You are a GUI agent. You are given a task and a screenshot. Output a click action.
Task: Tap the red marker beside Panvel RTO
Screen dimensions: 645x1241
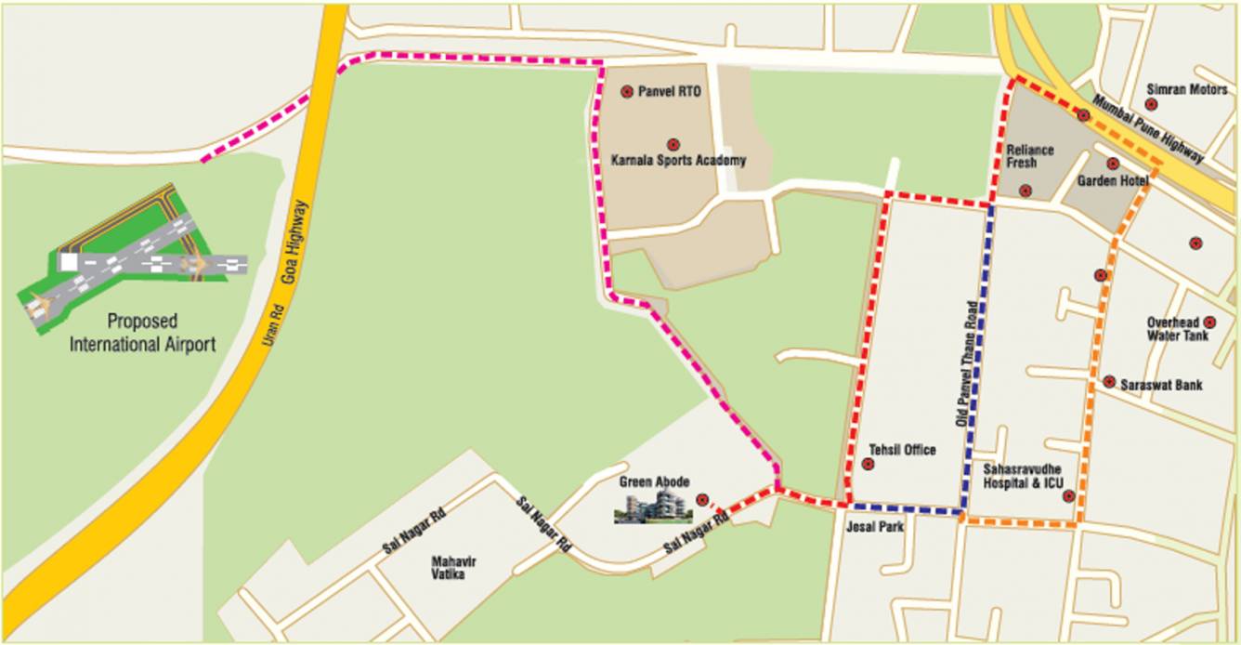tap(627, 91)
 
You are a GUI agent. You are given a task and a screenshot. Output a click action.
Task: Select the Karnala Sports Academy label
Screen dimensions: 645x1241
tap(678, 161)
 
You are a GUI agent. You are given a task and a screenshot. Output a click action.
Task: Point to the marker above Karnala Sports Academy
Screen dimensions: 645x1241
tap(673, 144)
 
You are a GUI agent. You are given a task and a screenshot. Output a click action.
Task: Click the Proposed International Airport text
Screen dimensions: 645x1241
tap(143, 333)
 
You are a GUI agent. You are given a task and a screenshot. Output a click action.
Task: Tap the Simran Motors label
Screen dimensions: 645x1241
tap(1187, 89)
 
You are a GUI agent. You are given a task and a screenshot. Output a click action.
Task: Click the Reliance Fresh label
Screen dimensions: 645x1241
tap(1030, 156)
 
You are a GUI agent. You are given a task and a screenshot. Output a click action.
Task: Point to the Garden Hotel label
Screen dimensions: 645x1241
tap(1113, 181)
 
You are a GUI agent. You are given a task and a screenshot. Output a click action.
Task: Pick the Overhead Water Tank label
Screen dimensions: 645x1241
tap(1178, 329)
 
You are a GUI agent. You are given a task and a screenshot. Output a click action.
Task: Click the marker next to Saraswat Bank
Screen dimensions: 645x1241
tap(1109, 382)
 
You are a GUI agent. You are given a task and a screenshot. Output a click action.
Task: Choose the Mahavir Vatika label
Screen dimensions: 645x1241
tap(448, 567)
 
